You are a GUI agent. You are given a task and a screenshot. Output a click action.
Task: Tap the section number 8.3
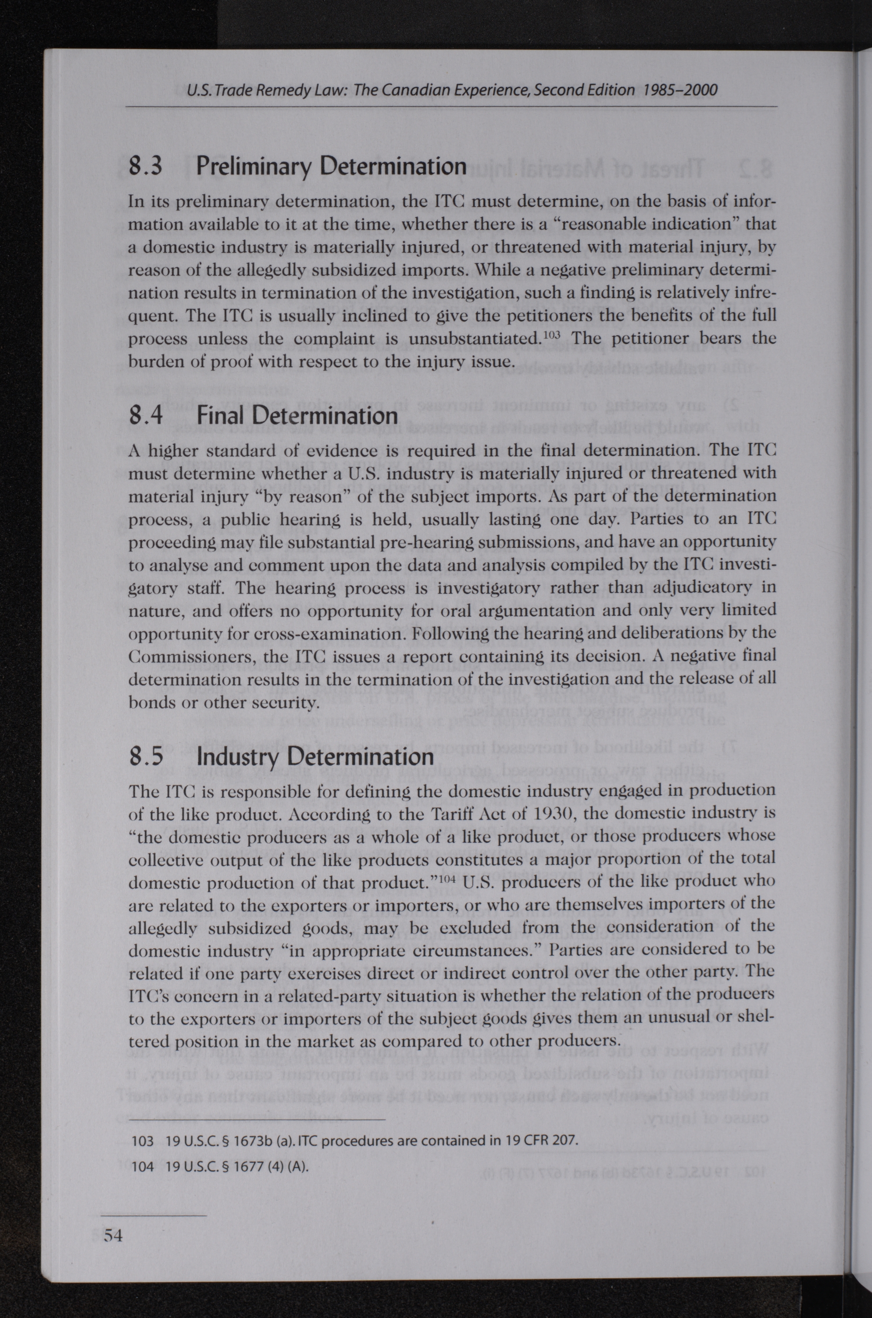point(145,166)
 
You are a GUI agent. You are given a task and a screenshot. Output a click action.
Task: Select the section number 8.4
point(146,416)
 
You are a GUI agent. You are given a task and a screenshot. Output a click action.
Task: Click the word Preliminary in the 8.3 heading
point(257,166)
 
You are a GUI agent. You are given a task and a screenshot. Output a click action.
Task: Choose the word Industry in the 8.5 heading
point(241,757)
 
